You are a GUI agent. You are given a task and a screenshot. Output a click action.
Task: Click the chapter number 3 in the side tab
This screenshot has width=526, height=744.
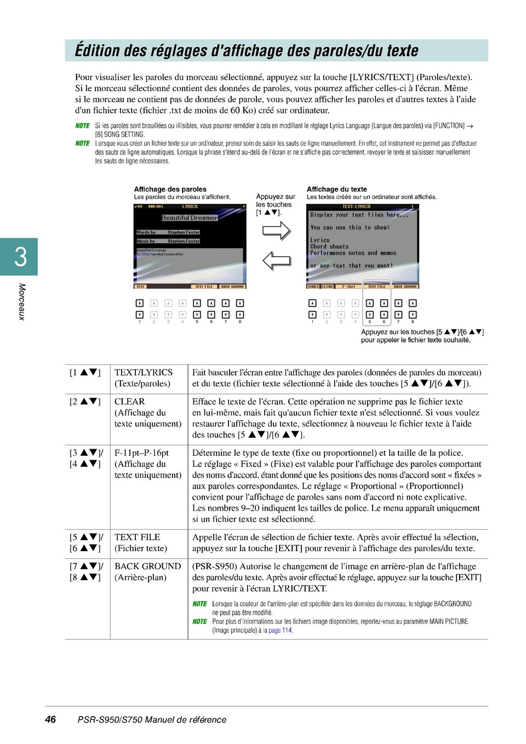20,256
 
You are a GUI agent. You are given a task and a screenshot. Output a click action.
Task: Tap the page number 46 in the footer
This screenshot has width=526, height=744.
50,719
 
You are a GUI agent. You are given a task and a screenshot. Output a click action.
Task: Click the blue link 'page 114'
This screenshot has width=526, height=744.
280,631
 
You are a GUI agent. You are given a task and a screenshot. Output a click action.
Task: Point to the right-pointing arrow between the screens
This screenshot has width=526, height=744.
276,231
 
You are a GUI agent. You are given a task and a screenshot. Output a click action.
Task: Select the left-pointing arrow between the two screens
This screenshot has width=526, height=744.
276,260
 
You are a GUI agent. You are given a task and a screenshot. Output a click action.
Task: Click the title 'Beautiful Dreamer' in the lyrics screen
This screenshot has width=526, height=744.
190,218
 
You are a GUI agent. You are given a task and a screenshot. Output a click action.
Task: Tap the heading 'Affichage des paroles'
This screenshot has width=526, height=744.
170,189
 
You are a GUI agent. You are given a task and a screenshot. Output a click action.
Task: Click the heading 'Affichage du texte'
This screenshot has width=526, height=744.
337,189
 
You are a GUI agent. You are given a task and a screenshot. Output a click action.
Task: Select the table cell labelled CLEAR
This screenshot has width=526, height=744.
130,402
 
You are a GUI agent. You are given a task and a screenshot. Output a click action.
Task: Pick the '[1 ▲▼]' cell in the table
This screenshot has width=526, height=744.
85,373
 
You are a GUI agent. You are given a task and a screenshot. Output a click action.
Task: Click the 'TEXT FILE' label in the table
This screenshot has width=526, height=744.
138,537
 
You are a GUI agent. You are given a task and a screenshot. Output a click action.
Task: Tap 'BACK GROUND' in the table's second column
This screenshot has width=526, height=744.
147,566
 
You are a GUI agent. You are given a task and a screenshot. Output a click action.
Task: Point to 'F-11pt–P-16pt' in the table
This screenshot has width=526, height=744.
141,453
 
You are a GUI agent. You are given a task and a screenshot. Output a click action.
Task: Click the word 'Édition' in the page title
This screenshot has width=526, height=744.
97,51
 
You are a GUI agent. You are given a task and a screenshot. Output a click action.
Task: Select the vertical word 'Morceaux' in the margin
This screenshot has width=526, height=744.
22,301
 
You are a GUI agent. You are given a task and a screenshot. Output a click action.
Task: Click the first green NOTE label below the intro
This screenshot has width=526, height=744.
82,126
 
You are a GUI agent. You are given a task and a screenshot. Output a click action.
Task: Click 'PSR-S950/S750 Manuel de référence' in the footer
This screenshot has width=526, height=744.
152,720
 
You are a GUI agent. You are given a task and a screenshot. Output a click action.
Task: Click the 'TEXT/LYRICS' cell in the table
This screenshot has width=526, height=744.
144,373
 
